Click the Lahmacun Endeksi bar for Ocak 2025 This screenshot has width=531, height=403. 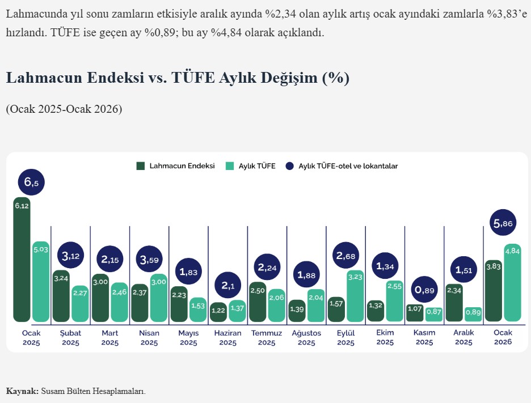pos(22,260)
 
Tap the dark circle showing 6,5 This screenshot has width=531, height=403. pos(31,183)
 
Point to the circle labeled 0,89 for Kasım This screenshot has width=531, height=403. pos(425,290)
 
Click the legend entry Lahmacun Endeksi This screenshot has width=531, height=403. pos(176,166)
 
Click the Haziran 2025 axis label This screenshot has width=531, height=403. pos(227,338)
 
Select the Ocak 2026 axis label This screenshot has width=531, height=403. pos(503,338)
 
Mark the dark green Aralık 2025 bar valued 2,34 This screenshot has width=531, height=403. pos(454,303)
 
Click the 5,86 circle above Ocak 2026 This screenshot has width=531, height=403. pos(503,224)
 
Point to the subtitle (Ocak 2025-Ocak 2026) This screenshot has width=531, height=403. pos(64,109)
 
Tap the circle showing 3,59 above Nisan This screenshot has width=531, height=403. pos(149,260)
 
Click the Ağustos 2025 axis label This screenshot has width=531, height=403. pos(306,338)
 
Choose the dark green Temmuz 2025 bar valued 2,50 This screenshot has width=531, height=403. pos(258,302)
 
